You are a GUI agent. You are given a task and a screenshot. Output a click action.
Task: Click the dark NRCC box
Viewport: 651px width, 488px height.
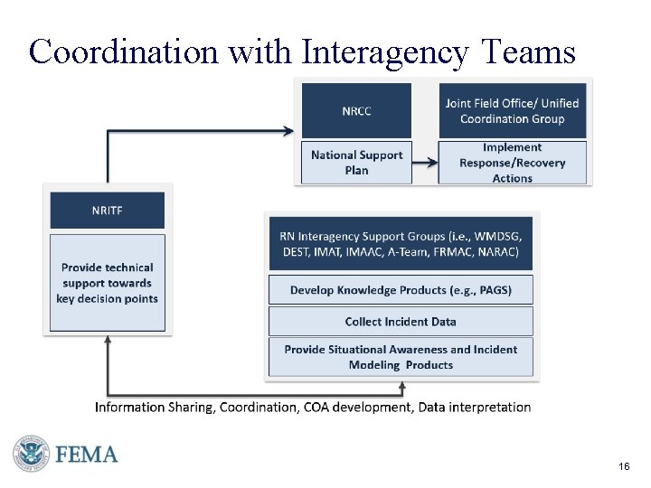[356, 110]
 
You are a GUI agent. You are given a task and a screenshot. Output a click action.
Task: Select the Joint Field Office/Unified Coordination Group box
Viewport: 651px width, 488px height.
[512, 110]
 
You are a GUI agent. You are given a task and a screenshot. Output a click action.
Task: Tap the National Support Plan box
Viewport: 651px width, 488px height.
[356, 163]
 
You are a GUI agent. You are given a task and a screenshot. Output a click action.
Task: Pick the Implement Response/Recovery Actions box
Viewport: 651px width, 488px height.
[512, 163]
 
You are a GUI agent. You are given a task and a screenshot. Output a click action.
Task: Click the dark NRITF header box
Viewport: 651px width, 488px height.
[107, 210]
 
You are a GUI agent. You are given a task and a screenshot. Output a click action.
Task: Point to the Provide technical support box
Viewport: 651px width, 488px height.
[107, 282]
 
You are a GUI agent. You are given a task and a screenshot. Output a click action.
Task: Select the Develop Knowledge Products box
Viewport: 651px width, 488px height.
[400, 290]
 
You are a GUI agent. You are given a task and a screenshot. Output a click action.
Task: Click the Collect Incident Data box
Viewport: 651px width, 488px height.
[400, 321]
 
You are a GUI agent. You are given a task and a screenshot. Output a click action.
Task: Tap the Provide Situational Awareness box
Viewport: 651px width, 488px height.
[400, 357]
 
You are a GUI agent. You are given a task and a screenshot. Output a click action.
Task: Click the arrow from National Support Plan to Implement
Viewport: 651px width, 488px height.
[424, 164]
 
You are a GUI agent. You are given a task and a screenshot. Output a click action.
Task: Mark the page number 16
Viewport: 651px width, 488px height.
[624, 466]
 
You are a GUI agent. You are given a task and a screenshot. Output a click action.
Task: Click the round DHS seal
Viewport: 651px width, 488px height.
[30, 454]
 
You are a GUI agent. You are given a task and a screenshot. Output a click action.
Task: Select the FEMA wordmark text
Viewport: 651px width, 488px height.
[87, 454]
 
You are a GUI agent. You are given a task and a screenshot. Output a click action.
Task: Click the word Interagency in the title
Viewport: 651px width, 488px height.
[385, 52]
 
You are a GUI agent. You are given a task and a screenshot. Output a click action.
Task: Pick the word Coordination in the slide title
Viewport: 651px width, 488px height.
[123, 52]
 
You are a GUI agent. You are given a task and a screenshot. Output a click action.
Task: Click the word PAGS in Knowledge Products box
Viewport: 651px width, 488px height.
[495, 290]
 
